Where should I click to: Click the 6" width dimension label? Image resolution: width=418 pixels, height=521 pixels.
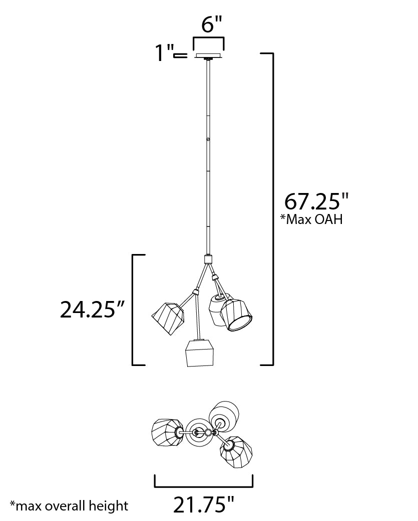[x=209, y=23]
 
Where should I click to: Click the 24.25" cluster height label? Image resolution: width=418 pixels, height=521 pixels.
[x=92, y=309]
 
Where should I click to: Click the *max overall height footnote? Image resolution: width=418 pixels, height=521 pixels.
[x=69, y=505]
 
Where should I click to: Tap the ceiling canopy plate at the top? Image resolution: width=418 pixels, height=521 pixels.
[x=209, y=55]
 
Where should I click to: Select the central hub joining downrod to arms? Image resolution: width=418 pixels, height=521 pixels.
[x=208, y=259]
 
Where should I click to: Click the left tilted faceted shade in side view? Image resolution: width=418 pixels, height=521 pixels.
[x=169, y=318]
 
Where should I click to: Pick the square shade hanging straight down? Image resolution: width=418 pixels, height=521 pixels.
[x=200, y=353]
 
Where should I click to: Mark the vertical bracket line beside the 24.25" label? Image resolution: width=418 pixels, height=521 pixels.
[x=133, y=309]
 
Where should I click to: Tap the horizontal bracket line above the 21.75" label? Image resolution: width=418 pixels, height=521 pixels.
[x=204, y=486]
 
